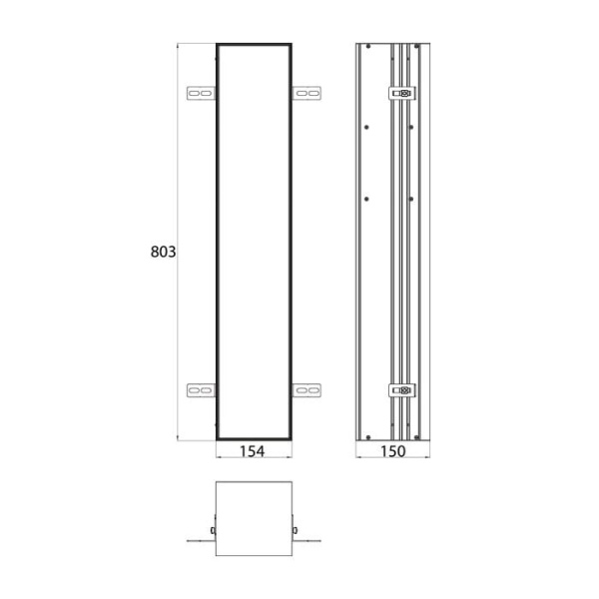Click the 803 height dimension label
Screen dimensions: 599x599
(x=163, y=253)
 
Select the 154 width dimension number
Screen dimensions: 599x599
(x=253, y=452)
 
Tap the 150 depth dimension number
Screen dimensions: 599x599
(x=392, y=452)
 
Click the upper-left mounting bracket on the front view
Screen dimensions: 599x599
(x=201, y=94)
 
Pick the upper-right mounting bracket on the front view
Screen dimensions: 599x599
(x=306, y=94)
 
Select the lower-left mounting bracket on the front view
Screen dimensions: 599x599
(x=201, y=390)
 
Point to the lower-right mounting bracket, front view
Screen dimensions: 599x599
(x=306, y=390)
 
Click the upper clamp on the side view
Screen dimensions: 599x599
(x=401, y=94)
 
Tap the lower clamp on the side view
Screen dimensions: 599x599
(x=401, y=390)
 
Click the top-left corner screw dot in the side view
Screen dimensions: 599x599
(x=367, y=48)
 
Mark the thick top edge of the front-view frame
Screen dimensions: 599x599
(x=254, y=44)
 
